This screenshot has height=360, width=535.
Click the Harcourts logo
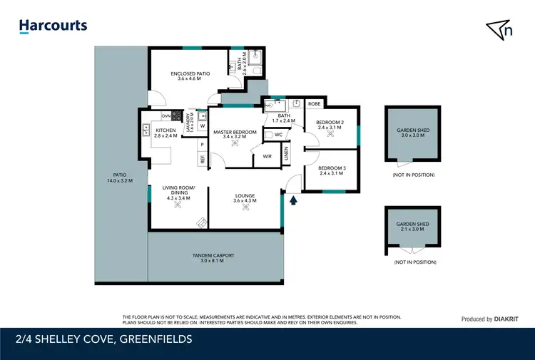(x=53, y=26)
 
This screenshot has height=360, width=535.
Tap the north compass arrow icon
(x=499, y=29)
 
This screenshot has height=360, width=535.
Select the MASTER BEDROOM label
(x=235, y=132)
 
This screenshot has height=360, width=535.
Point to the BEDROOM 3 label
(x=332, y=168)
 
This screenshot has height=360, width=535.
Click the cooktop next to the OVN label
(x=175, y=115)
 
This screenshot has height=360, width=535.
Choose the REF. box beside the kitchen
(x=203, y=160)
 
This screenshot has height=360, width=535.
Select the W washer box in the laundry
(x=203, y=127)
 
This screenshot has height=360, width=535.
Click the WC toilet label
(x=278, y=134)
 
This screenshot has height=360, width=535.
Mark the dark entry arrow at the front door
(x=291, y=200)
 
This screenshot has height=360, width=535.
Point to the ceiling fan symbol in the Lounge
(x=245, y=213)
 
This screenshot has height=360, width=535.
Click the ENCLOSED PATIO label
(x=190, y=75)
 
